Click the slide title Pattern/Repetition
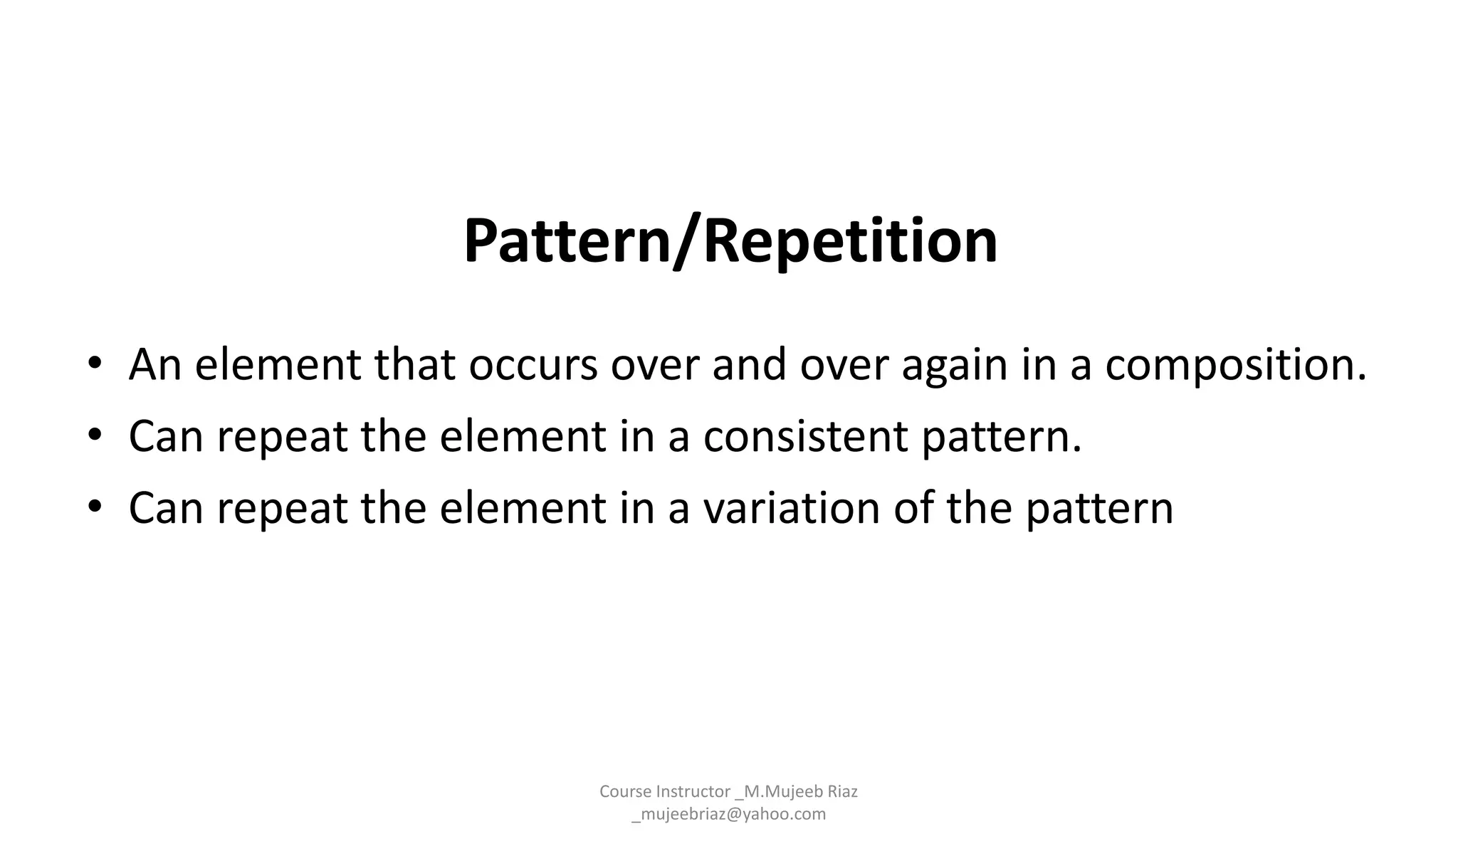730,241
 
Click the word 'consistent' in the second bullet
805,436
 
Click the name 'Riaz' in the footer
841,791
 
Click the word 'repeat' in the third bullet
282,508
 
